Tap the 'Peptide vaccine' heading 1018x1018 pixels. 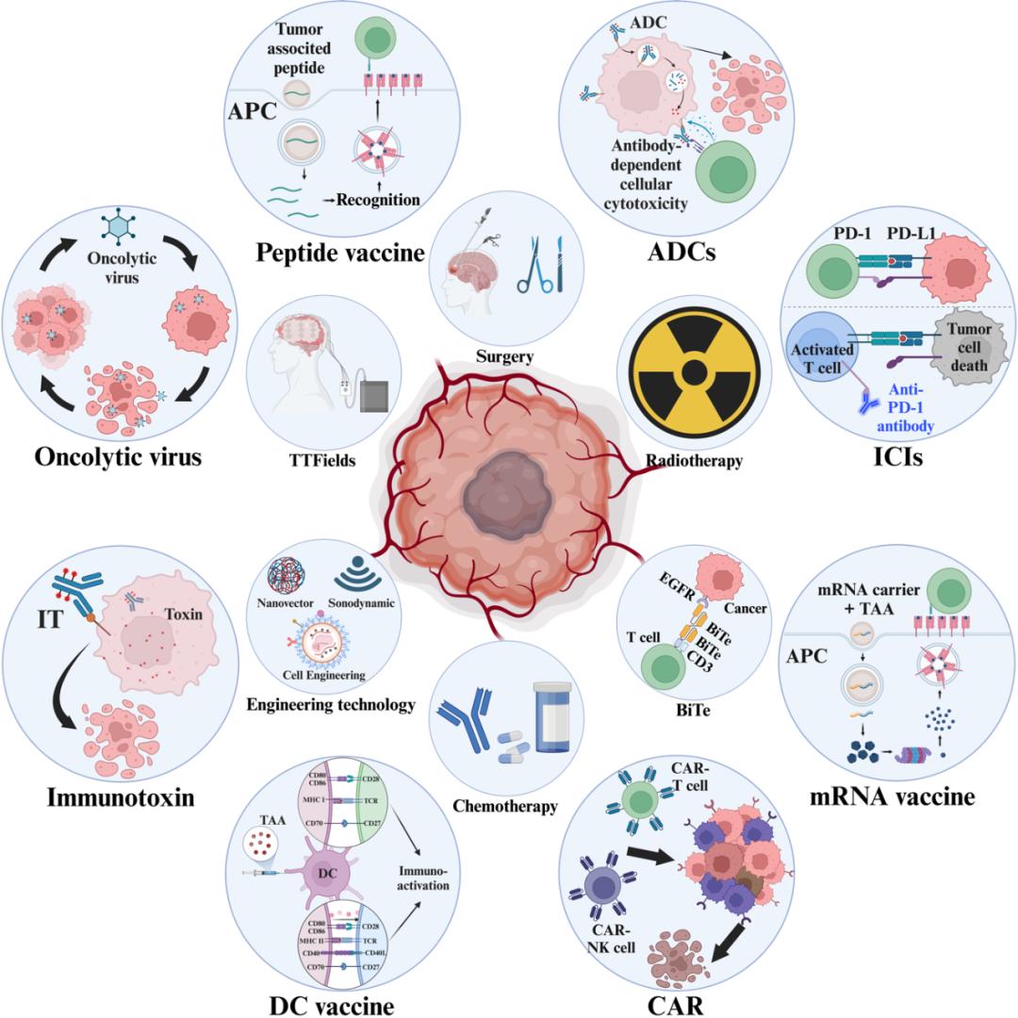338,252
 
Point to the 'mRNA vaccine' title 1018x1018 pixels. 892,796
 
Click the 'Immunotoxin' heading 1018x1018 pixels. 121,798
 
